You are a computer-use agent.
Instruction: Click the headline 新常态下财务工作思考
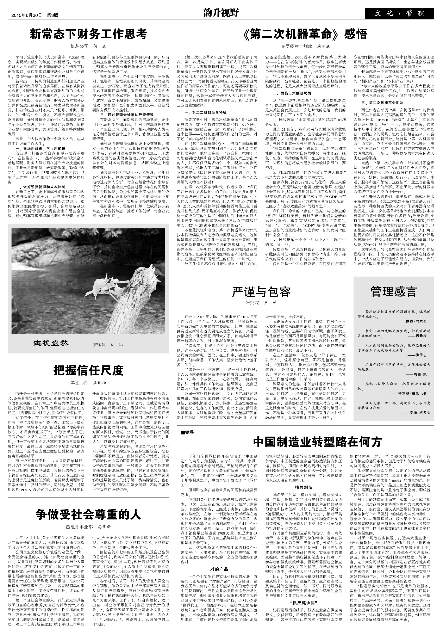pos(88,34)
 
